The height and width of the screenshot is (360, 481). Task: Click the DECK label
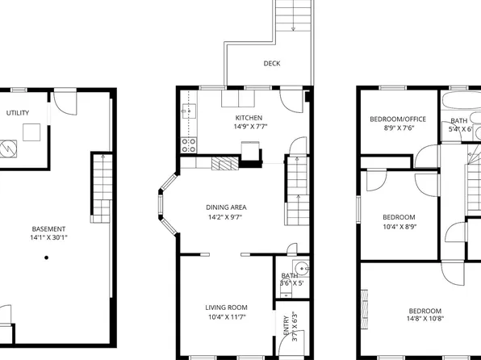[271, 63]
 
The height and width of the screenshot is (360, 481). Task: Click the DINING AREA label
[226, 207]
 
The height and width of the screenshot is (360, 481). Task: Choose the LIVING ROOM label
[226, 308]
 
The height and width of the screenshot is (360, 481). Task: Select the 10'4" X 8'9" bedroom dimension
[399, 227]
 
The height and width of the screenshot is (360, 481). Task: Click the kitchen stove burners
[189, 145]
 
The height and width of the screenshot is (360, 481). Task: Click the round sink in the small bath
[299, 268]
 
